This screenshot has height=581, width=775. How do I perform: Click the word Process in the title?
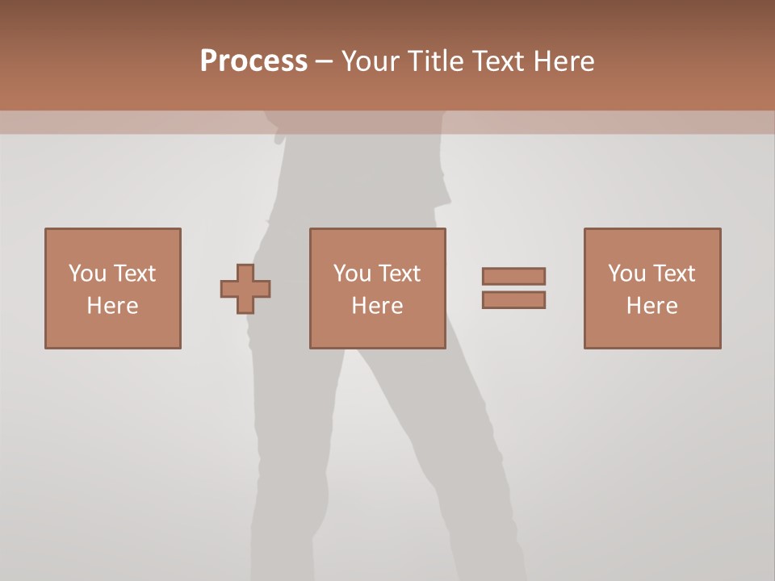pyautogui.click(x=253, y=61)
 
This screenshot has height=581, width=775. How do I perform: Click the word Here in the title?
pyautogui.click(x=564, y=61)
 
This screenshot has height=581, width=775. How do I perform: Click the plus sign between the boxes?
pyautogui.click(x=245, y=289)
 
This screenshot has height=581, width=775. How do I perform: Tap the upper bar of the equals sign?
pyautogui.click(x=513, y=276)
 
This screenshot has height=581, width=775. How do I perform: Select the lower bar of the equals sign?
pyautogui.click(x=513, y=300)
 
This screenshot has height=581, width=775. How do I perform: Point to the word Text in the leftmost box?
pyautogui.click(x=134, y=274)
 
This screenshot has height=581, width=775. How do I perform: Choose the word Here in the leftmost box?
pyautogui.click(x=112, y=306)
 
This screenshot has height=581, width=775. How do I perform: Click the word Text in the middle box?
pyautogui.click(x=399, y=274)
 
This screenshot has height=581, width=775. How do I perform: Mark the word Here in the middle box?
pyautogui.click(x=377, y=306)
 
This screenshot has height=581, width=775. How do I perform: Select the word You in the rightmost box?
pyautogui.click(x=627, y=274)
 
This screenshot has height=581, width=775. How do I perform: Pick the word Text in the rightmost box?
pyautogui.click(x=673, y=274)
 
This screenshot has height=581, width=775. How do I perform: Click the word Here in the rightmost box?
pyautogui.click(x=651, y=306)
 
